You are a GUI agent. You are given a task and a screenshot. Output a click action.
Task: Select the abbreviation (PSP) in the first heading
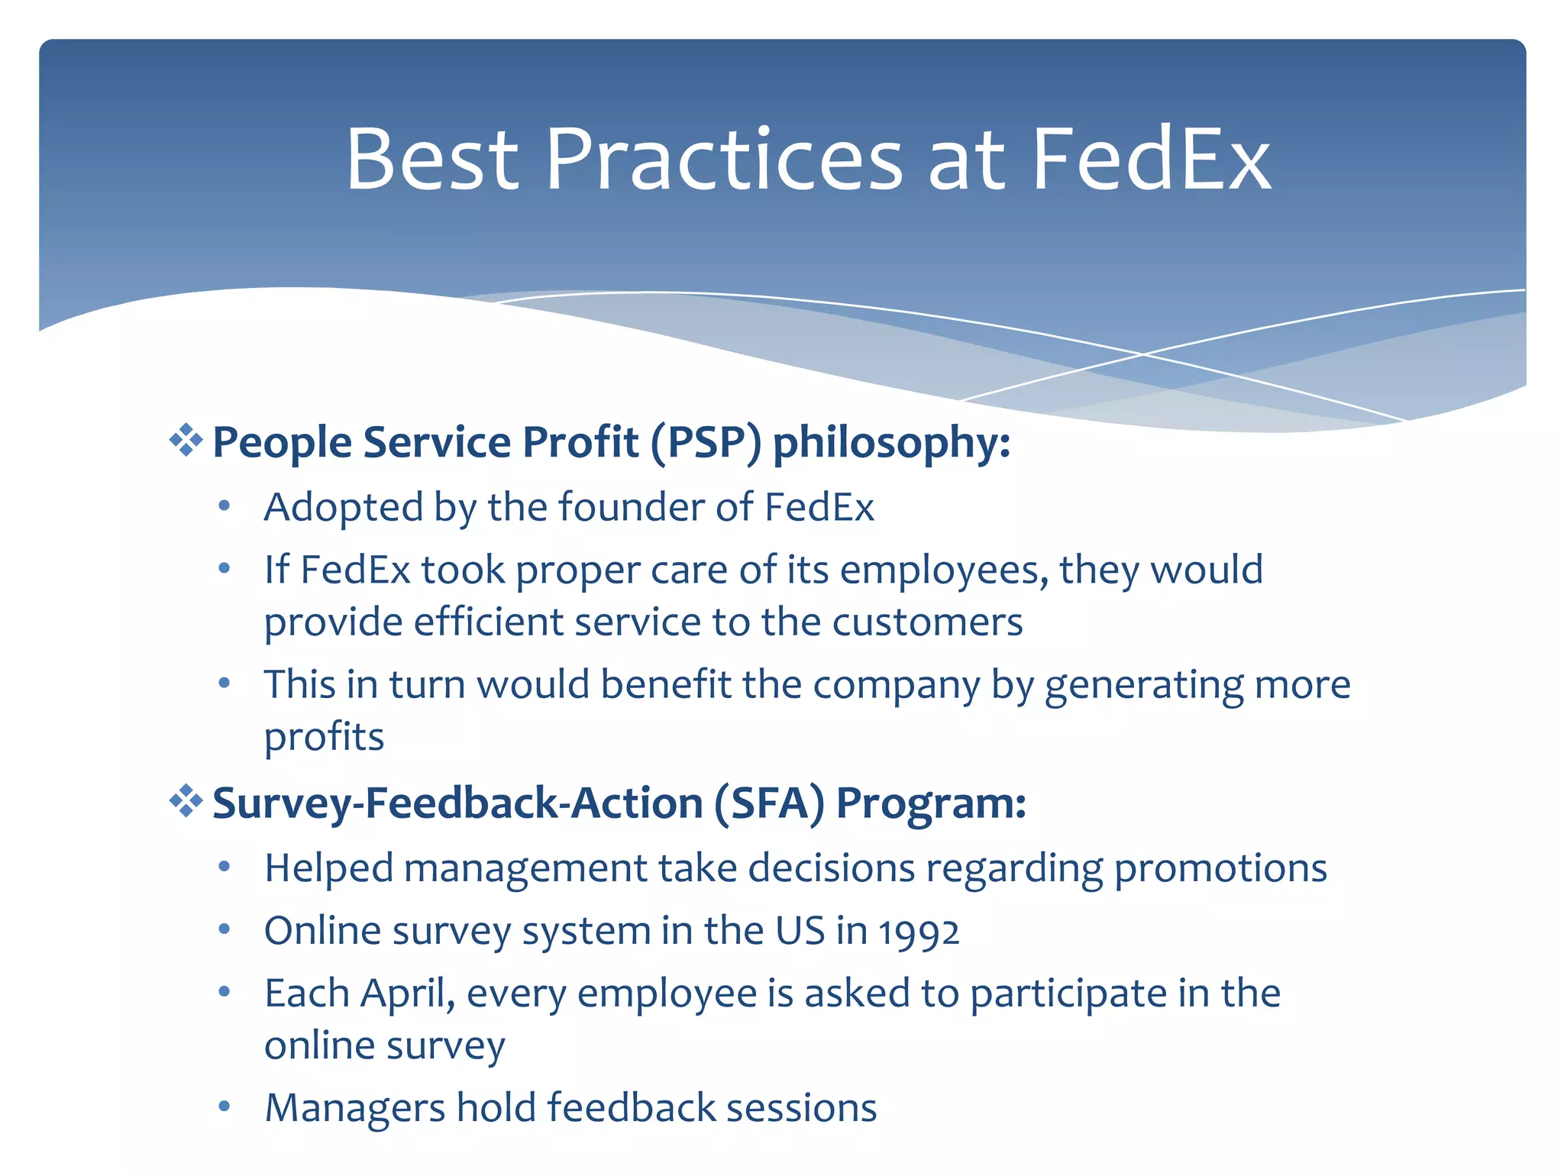tap(706, 442)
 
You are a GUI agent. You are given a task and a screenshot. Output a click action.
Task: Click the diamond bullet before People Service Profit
tap(186, 441)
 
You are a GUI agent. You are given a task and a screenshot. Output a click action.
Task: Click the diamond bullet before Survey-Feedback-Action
tap(186, 802)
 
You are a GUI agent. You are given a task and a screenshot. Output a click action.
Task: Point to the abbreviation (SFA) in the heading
tap(769, 803)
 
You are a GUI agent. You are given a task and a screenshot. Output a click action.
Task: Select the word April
tap(407, 994)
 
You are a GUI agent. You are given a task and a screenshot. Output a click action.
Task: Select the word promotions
tap(1220, 868)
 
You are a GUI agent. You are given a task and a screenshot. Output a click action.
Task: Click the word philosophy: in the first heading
tap(891, 442)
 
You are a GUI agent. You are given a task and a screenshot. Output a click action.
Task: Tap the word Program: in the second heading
tap(931, 803)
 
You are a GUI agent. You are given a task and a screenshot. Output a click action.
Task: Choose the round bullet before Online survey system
tap(224, 929)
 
